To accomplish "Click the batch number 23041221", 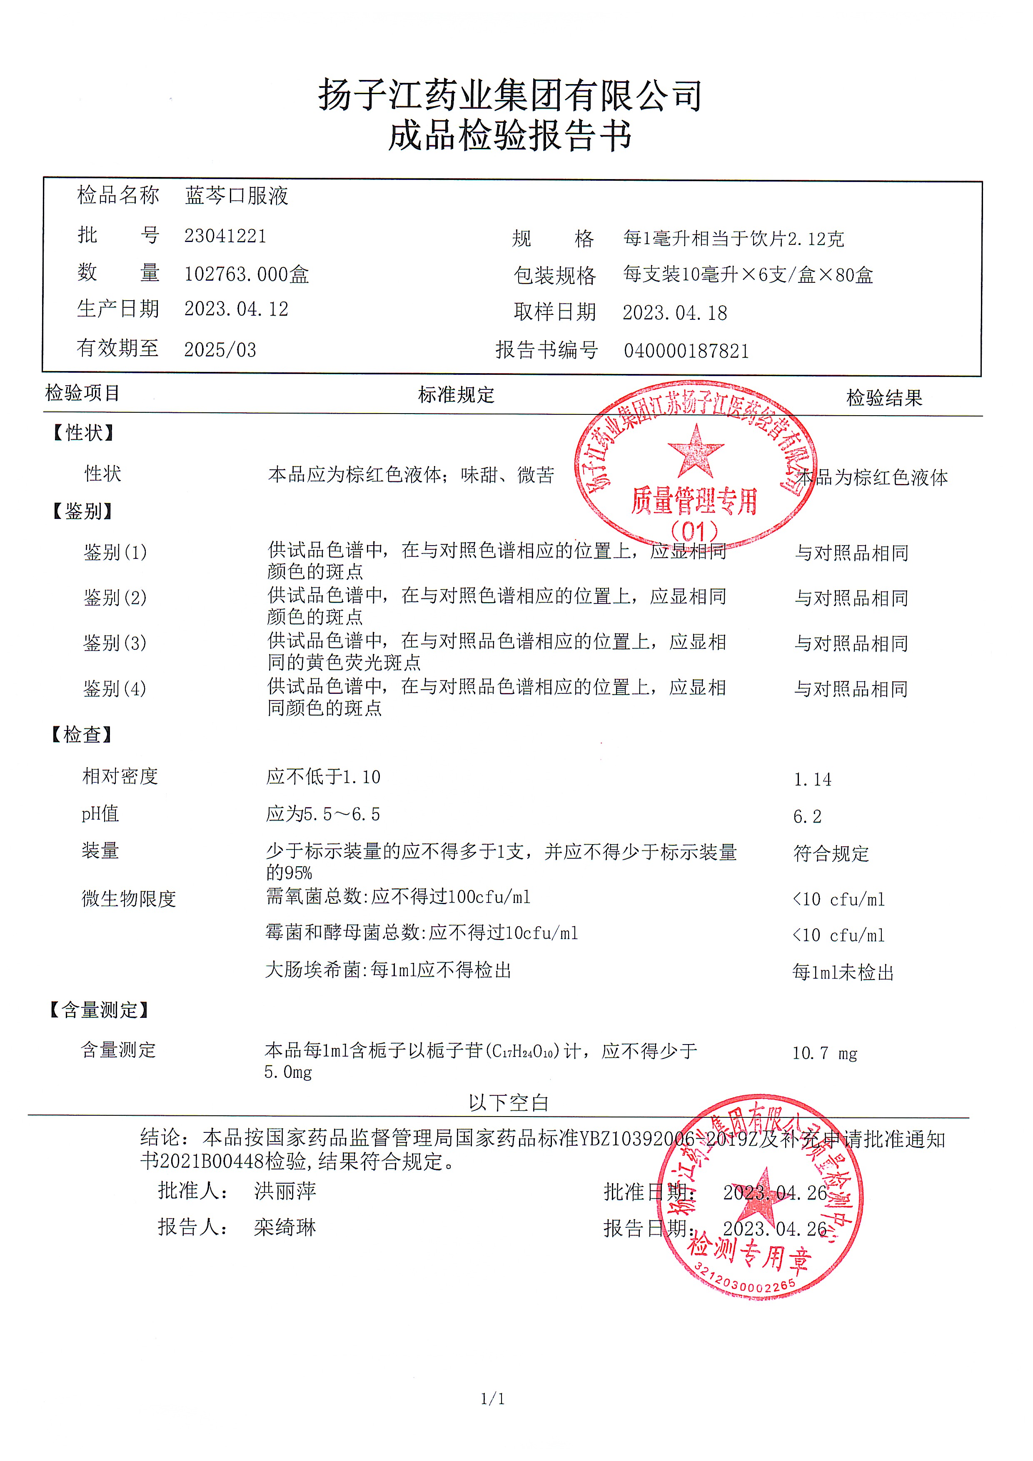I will tap(225, 236).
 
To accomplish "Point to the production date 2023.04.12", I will tap(236, 309).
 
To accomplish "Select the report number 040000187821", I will tap(686, 351).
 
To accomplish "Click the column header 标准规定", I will tap(456, 395).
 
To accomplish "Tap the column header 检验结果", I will tap(883, 398).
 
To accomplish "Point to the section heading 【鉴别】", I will tap(82, 511).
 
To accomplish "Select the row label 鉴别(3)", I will tap(115, 643).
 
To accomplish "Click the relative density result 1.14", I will tap(812, 780).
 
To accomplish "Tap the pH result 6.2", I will tap(807, 816).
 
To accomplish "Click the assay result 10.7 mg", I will tap(824, 1053).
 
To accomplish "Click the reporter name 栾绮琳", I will tap(284, 1227).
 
